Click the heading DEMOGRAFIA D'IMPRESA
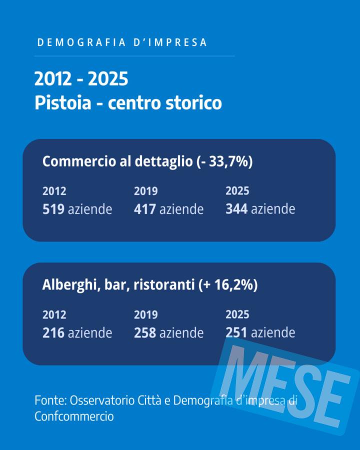[122, 42]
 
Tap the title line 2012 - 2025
[81, 79]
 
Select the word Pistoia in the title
[63, 103]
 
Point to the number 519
[53, 208]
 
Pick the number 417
[144, 208]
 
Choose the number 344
[236, 208]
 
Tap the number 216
[53, 332]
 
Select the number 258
[144, 332]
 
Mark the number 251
[236, 332]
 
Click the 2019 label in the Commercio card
[145, 191]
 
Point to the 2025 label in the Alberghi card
[237, 314]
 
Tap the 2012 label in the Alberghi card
[54, 315]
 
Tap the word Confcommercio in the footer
[74, 416]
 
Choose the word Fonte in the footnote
[49, 400]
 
